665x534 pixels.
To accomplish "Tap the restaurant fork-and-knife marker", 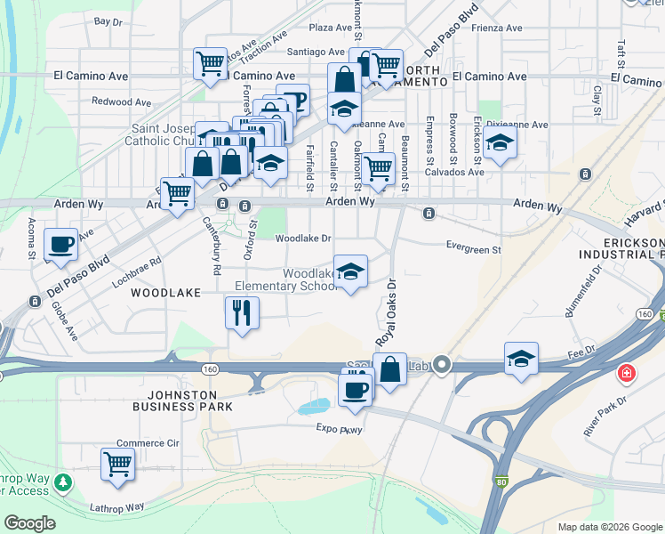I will [242, 313].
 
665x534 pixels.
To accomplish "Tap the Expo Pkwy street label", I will [341, 428].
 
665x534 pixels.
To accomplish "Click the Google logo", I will [29, 523].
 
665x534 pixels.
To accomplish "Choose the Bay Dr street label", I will [107, 20].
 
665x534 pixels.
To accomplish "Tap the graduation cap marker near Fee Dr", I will [521, 359].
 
